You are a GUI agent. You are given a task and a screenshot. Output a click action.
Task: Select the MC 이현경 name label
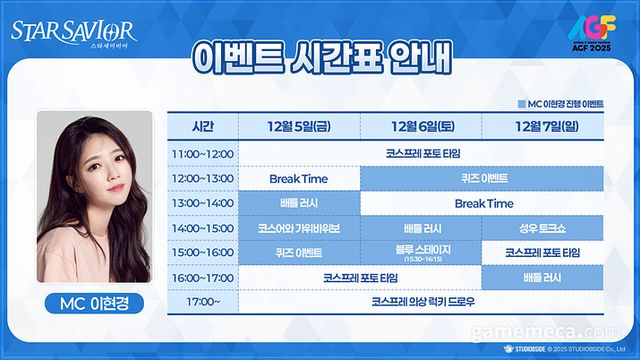click(x=95, y=302)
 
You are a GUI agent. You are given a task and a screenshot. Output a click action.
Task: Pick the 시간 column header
click(x=202, y=127)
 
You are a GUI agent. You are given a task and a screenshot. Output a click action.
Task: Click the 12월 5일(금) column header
click(x=297, y=127)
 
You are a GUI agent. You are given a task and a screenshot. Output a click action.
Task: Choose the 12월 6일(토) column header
click(x=420, y=127)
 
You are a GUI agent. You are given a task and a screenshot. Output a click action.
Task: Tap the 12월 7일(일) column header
click(x=542, y=127)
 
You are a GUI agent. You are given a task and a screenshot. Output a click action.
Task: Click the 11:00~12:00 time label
click(x=202, y=154)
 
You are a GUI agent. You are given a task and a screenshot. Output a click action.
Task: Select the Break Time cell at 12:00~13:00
click(x=297, y=178)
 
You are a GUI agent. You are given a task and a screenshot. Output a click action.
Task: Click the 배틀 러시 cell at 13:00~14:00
click(x=297, y=203)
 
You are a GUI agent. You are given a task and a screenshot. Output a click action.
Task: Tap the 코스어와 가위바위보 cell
click(x=297, y=227)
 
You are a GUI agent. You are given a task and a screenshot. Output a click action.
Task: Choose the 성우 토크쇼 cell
click(x=542, y=227)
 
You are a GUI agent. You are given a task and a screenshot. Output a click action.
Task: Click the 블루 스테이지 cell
click(x=420, y=252)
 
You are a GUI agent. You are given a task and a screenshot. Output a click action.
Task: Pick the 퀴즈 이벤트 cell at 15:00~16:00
click(x=297, y=252)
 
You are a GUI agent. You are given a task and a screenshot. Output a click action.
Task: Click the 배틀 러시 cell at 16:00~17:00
click(x=542, y=275)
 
